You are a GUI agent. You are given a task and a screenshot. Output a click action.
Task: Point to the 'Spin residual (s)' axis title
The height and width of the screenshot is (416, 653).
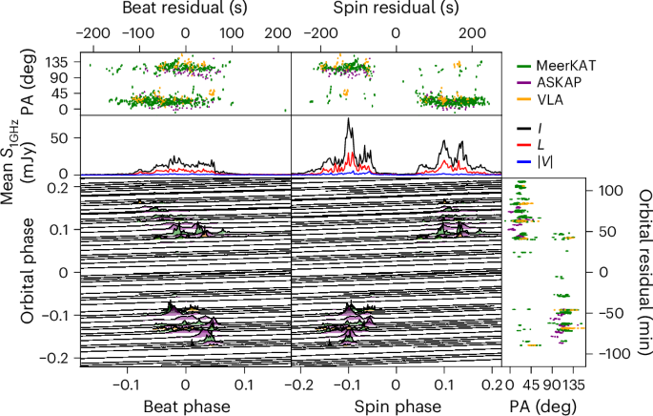pos(392,9)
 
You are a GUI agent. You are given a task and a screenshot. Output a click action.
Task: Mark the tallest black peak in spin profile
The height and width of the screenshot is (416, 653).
pos(349,120)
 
